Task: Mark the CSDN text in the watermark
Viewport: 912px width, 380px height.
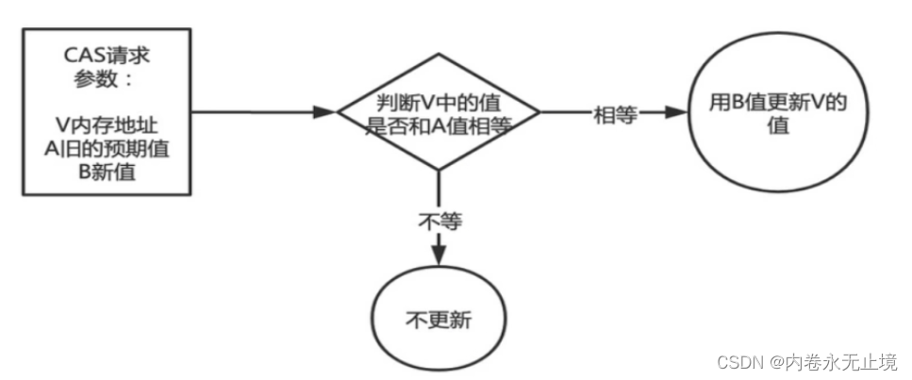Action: (737, 362)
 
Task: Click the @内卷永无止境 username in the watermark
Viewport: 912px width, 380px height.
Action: (831, 362)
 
